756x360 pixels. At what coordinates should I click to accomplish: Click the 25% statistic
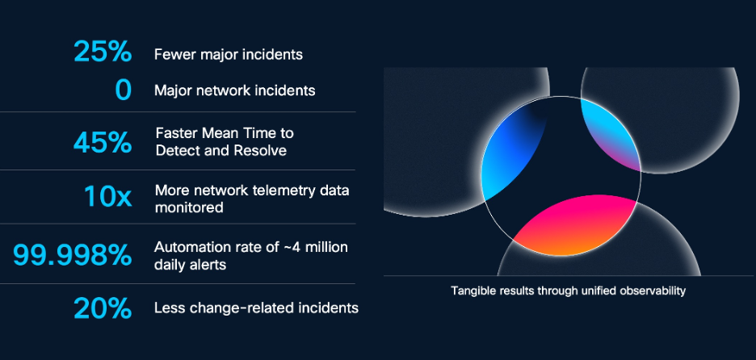(103, 52)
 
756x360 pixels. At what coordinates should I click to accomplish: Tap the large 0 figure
(124, 90)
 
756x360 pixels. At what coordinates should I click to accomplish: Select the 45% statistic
(103, 143)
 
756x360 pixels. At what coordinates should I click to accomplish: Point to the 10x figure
(108, 196)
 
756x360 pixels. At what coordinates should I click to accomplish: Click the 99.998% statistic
(73, 255)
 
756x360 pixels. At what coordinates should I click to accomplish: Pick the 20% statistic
(103, 308)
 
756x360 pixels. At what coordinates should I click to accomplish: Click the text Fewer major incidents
(229, 54)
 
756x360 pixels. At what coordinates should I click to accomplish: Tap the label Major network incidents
(235, 90)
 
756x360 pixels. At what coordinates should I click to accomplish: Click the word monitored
(189, 207)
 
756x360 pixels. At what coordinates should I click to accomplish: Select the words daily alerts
(190, 265)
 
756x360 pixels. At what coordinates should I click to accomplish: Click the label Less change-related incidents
(257, 308)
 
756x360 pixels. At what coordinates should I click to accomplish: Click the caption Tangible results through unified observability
(568, 291)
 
